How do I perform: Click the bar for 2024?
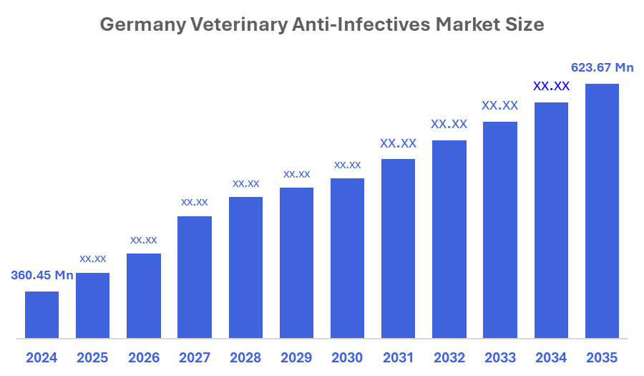coord(42,314)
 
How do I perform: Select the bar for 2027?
coord(194,276)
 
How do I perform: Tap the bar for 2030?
coord(347,258)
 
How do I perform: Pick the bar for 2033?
coord(499,229)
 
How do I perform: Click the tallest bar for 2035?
coord(602,211)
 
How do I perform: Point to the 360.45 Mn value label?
coord(42,275)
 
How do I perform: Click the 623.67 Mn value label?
coord(602,68)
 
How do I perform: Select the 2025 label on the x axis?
coord(92,357)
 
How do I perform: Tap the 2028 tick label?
coord(245,357)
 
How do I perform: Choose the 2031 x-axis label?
coord(398,357)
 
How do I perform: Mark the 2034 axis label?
coord(551,357)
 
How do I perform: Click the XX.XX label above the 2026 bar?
coord(143,240)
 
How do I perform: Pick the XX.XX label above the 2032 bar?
coord(449,124)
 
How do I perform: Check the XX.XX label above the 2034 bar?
coord(551,86)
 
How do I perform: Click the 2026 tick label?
coord(143,357)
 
